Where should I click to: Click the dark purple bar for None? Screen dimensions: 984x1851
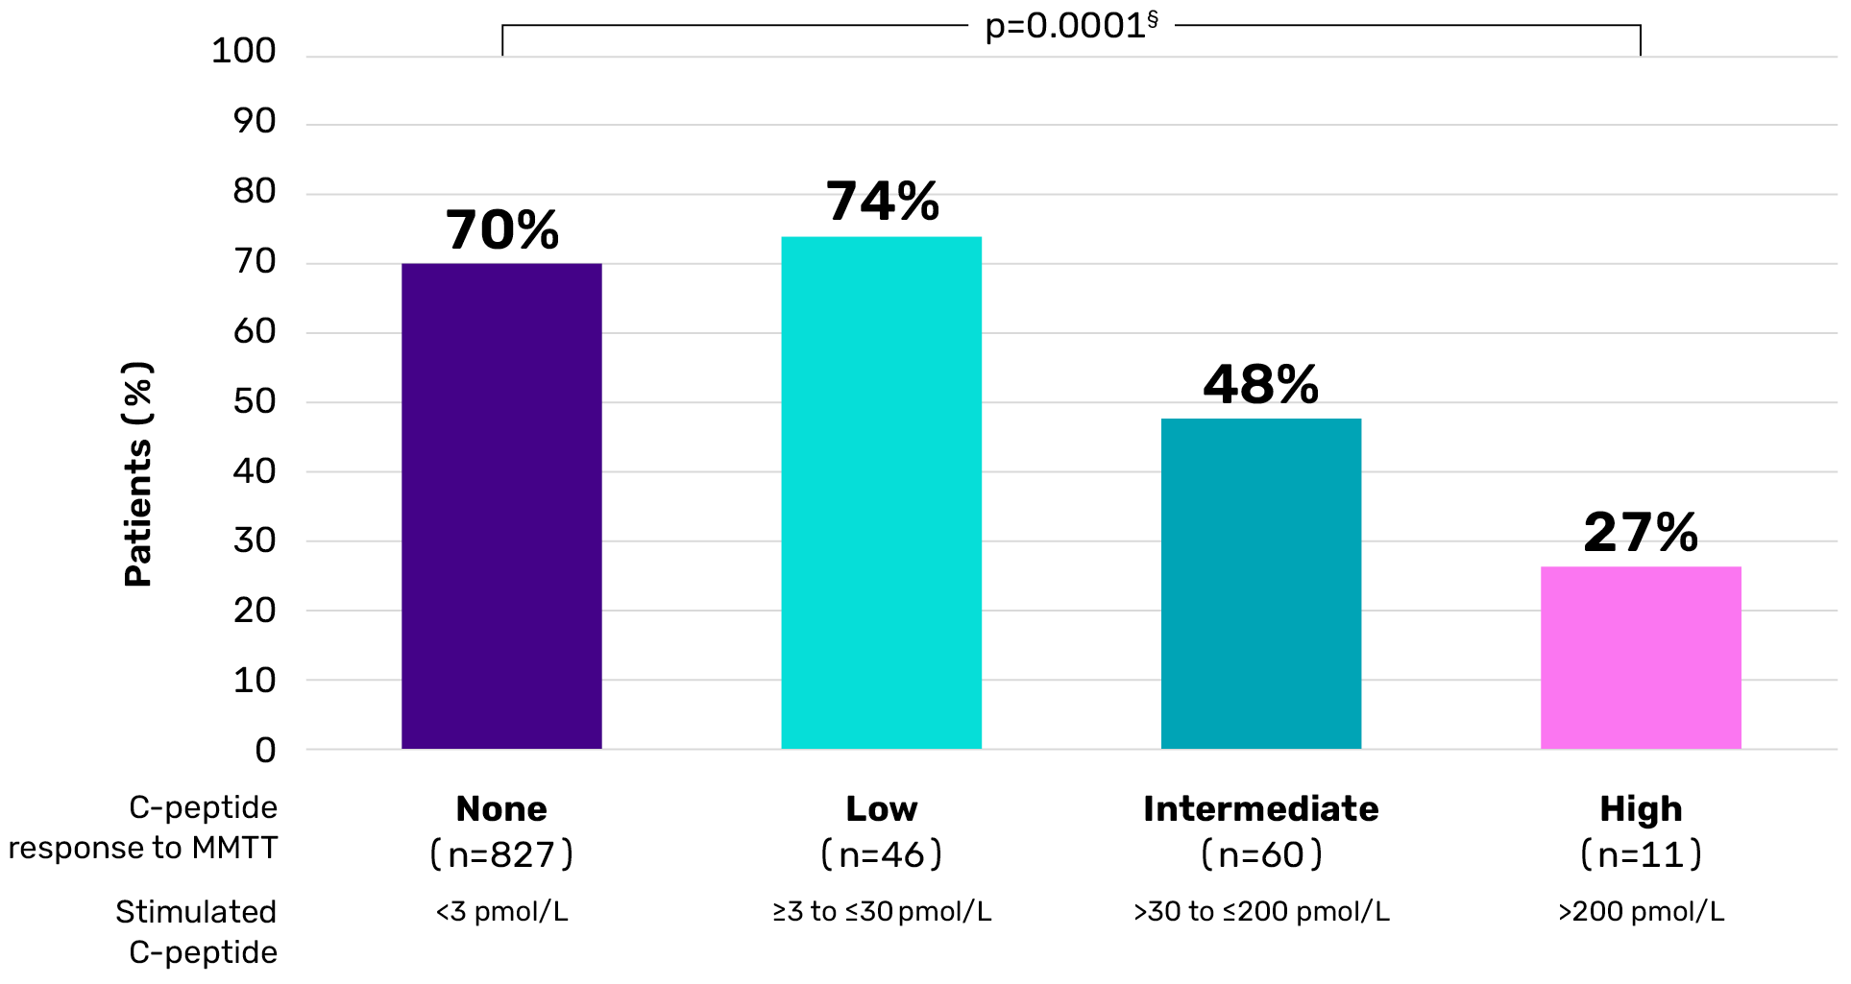(501, 506)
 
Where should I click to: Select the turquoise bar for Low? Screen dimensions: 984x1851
(881, 492)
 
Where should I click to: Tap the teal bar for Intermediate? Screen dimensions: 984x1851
(1260, 584)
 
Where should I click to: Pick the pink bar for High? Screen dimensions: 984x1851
(1641, 658)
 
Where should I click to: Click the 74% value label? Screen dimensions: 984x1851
(883, 202)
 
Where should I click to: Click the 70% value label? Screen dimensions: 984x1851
(502, 230)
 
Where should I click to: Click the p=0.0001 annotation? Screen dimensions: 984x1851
(1071, 26)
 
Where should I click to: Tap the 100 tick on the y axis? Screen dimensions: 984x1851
(244, 51)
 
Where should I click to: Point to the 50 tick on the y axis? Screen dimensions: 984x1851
(255, 401)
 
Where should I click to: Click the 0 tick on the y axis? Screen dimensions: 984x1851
(265, 750)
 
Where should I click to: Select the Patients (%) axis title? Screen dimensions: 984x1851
(138, 473)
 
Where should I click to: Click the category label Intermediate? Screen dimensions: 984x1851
(1260, 809)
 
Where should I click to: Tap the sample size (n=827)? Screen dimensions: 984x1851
(501, 854)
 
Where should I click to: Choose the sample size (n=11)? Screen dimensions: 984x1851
(1641, 854)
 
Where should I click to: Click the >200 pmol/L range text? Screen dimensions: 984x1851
(1641, 911)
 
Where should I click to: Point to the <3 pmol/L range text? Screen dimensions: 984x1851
(501, 911)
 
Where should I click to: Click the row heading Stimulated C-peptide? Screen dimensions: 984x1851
(197, 931)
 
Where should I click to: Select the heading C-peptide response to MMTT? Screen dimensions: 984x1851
(144, 828)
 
